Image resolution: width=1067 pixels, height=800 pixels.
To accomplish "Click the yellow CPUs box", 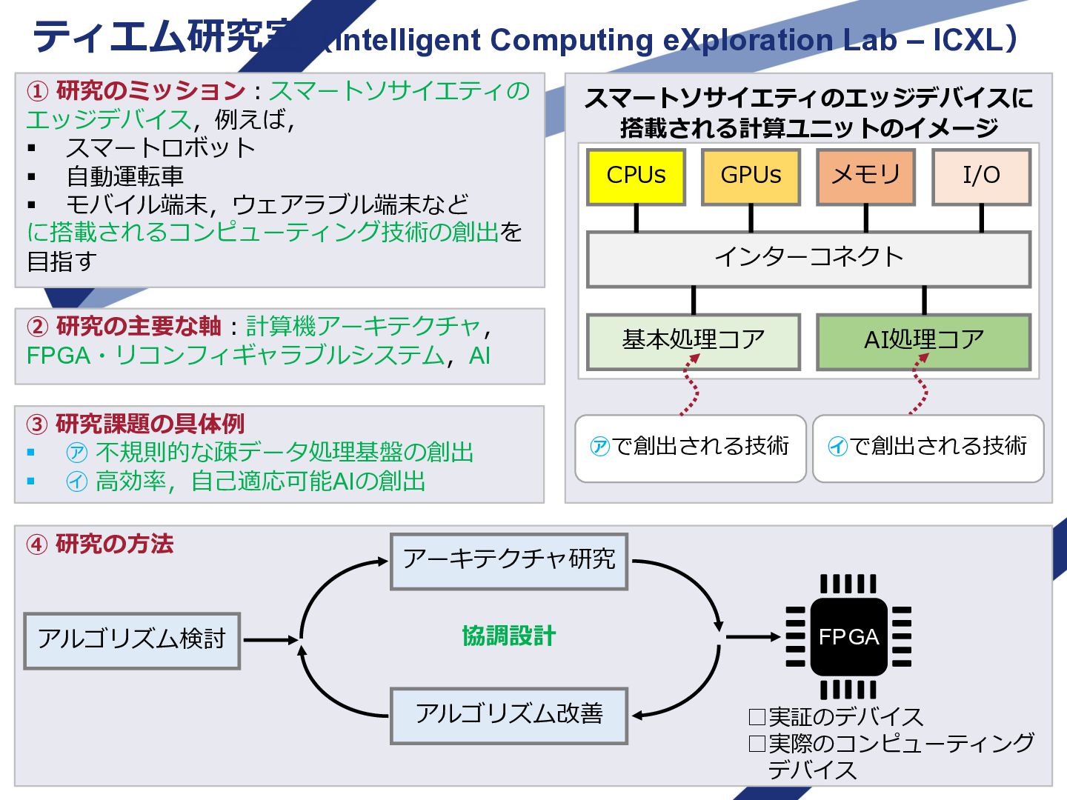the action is pyautogui.click(x=636, y=176).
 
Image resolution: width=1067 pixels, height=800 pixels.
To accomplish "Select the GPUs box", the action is pyautogui.click(x=751, y=176).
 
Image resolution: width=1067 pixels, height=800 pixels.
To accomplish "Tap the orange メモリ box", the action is pyautogui.click(x=865, y=176).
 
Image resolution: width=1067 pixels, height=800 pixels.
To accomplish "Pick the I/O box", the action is pyautogui.click(x=981, y=176).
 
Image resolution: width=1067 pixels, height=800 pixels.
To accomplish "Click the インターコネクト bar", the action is pyautogui.click(x=808, y=259).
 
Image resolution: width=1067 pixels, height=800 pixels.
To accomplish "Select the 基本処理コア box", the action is pyautogui.click(x=693, y=341).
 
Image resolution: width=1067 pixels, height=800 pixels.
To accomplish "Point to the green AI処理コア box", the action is pyautogui.click(x=923, y=341).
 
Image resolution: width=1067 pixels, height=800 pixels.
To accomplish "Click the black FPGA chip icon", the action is pyautogui.click(x=848, y=637).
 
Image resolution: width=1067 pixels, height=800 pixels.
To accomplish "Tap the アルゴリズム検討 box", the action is pyautogui.click(x=132, y=640).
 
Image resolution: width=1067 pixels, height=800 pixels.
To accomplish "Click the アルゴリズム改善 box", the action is pyautogui.click(x=509, y=716).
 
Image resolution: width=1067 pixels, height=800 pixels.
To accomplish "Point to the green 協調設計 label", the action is pyautogui.click(x=509, y=636).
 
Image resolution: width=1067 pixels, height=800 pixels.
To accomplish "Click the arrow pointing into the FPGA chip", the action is pyautogui.click(x=752, y=636).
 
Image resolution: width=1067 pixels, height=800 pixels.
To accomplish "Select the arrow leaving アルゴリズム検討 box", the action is pyautogui.click(x=270, y=640).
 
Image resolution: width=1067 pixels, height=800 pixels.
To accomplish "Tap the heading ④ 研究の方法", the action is pyautogui.click(x=100, y=544).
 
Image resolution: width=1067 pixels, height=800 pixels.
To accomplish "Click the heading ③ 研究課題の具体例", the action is pyautogui.click(x=136, y=424).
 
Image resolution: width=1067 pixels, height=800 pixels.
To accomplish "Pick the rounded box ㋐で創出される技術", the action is pyautogui.click(x=690, y=447).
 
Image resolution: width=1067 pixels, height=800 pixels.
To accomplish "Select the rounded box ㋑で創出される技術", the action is pyautogui.click(x=928, y=447).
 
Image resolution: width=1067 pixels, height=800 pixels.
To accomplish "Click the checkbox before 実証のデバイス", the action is pyautogui.click(x=757, y=717).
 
